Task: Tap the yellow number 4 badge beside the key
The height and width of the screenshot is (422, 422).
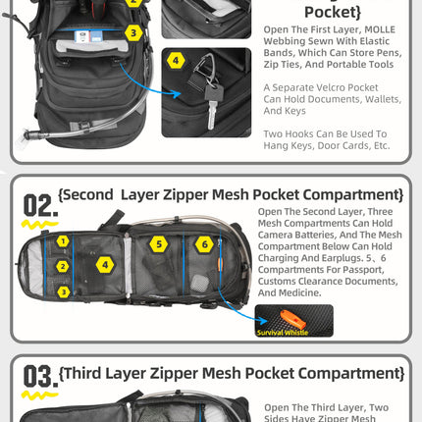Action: pos(176,60)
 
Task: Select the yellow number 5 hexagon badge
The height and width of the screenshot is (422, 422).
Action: pos(158,243)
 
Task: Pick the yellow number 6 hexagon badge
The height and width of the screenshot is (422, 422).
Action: pos(204,243)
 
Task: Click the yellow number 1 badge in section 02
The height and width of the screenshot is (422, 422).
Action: pos(62,240)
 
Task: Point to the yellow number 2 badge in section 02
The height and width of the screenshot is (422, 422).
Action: pos(62,266)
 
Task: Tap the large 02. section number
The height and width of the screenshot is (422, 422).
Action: pos(39,205)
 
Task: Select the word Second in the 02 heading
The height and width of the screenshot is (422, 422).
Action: pos(97,194)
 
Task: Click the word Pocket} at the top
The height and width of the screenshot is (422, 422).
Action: pos(333,11)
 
